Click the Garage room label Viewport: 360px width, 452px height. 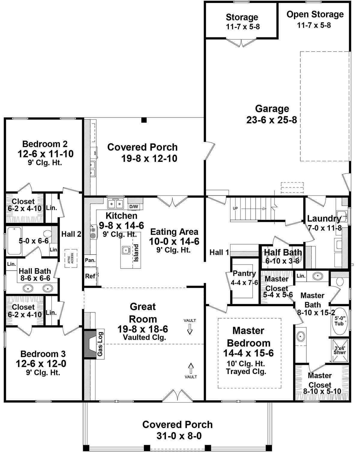pos(272,109)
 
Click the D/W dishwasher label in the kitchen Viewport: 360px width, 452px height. pos(133,207)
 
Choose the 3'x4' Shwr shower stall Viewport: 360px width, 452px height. pos(340,350)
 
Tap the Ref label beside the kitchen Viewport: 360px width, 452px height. pos(90,276)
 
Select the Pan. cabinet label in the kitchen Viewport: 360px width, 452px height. pos(90,260)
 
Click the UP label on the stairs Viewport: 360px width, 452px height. pos(235,208)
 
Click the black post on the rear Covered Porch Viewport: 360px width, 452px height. pos(144,120)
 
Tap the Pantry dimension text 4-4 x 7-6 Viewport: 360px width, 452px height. pos(244,282)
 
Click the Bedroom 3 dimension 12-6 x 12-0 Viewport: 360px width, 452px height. pos(41,364)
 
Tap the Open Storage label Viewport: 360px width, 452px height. pos(315,14)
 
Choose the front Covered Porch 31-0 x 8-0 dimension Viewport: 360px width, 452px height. pos(178,436)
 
